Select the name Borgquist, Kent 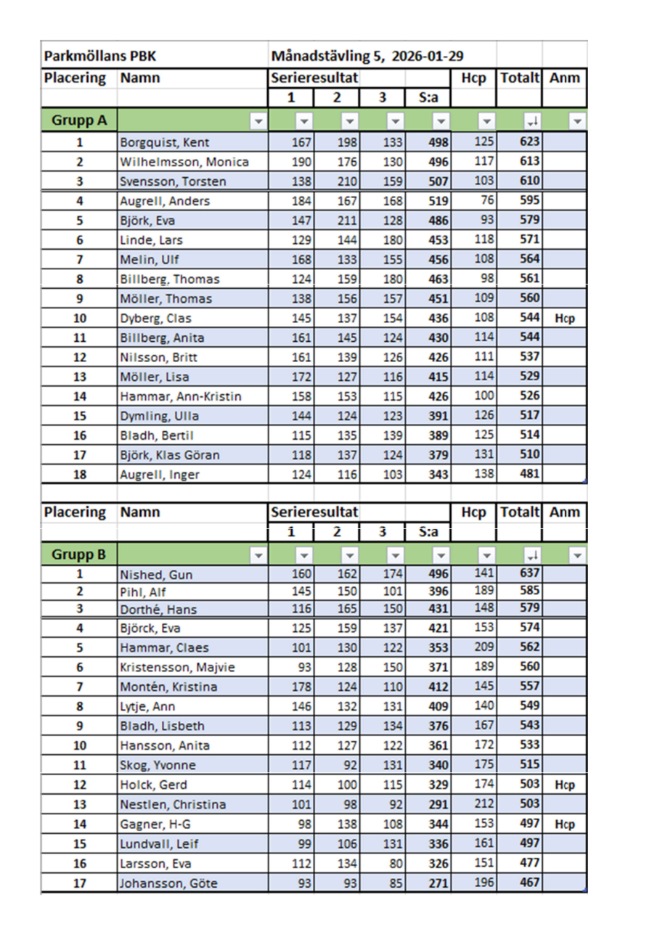tap(166, 142)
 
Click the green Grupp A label tap(79, 120)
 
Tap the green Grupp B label tap(79, 555)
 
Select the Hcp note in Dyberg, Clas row tap(566, 319)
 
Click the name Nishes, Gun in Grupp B tap(156, 576)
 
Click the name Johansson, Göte tap(168, 883)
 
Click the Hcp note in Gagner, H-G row tap(566, 824)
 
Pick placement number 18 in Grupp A tap(79, 475)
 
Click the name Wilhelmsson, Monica tap(184, 162)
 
